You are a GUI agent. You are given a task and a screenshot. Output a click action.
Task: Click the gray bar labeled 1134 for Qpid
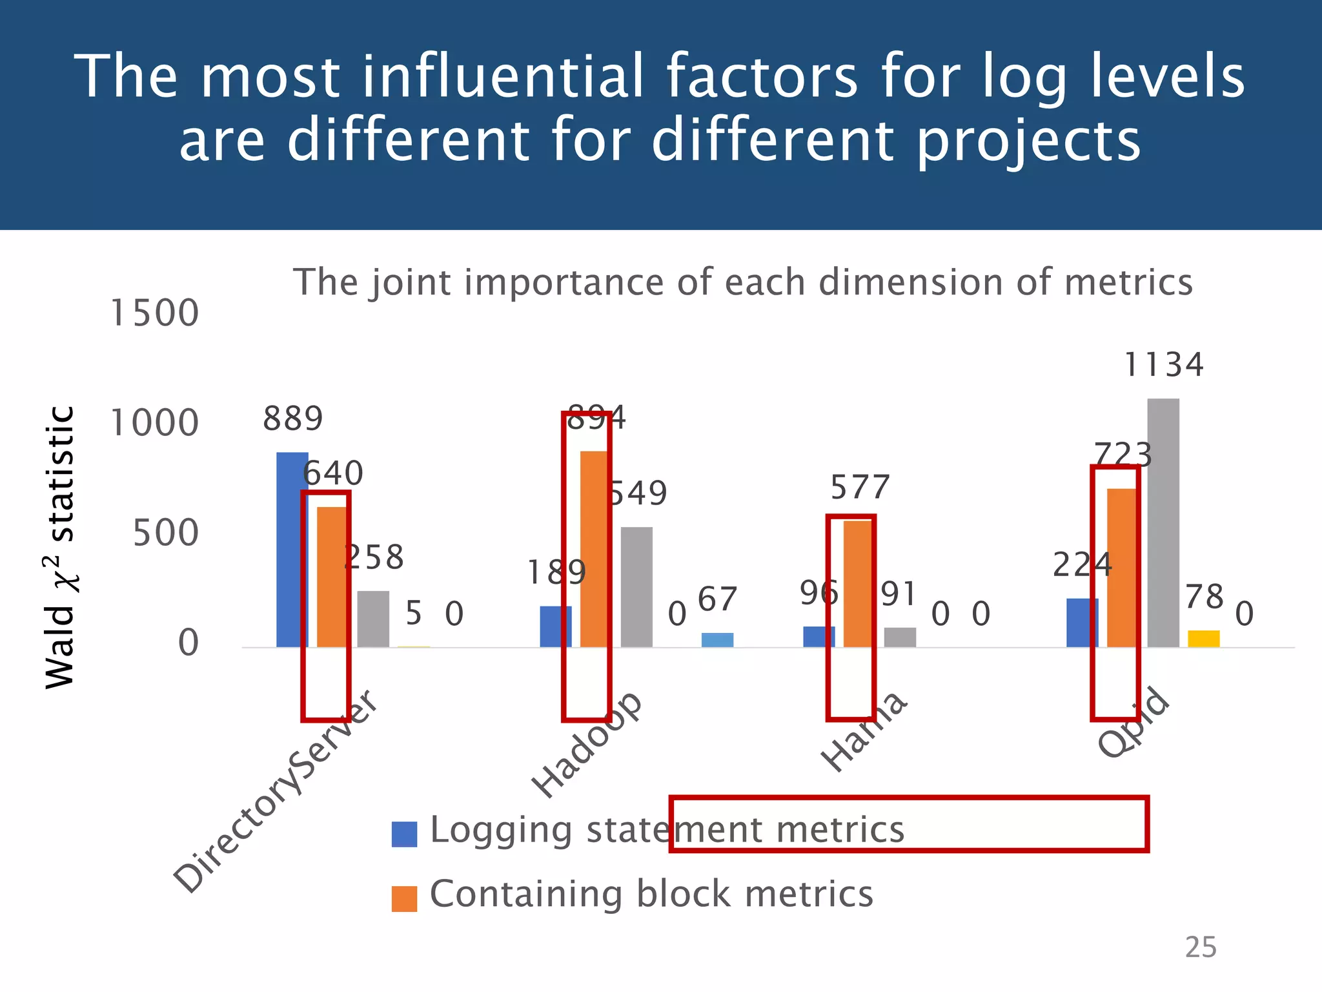[x=1163, y=523]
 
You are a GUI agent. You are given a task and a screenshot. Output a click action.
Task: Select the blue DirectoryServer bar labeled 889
[x=292, y=550]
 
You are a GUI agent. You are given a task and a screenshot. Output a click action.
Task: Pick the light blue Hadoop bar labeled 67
[x=717, y=639]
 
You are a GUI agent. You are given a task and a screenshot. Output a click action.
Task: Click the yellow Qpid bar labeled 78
[x=1203, y=639]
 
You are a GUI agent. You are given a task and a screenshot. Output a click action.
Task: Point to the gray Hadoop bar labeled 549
[x=636, y=587]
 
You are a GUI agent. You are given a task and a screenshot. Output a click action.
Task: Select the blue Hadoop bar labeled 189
[x=555, y=626]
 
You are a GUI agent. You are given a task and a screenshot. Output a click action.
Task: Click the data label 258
[x=374, y=557]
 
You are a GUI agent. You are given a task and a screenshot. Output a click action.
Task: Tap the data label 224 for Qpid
[x=1082, y=565]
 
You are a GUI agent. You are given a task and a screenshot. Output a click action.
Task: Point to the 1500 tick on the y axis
[x=154, y=313]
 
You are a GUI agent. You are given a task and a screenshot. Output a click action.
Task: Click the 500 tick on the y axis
[x=165, y=533]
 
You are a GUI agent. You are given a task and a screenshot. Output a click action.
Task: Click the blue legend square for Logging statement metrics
[x=404, y=834]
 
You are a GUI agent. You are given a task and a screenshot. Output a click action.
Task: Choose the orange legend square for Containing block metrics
[x=404, y=898]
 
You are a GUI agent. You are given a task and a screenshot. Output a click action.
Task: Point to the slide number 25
[x=1200, y=947]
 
